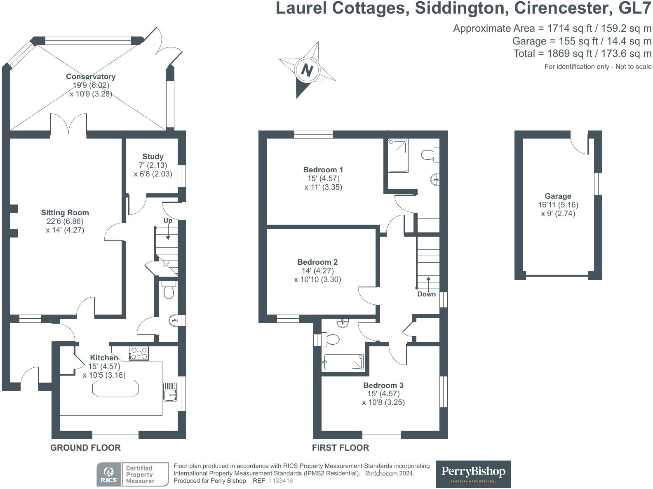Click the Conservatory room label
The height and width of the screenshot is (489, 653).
91,77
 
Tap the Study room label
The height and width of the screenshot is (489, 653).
153,157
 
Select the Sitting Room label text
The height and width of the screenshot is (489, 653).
65,213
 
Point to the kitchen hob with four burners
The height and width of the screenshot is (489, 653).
139,353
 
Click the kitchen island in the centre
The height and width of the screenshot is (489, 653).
115,388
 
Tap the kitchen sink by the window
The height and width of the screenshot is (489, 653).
170,391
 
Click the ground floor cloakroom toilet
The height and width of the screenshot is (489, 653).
168,291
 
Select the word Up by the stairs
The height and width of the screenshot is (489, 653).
168,221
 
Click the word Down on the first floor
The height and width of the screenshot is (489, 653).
426,294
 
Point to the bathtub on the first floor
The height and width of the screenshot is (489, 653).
344,362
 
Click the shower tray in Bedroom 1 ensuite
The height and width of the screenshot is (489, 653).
398,155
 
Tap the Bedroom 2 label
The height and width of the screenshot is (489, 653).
317,262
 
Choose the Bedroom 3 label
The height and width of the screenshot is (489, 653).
383,386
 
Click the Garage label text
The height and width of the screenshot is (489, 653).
558,196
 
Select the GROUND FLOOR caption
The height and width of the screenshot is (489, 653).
85,448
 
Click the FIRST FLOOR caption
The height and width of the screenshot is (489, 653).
340,448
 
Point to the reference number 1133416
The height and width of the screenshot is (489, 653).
281,481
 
